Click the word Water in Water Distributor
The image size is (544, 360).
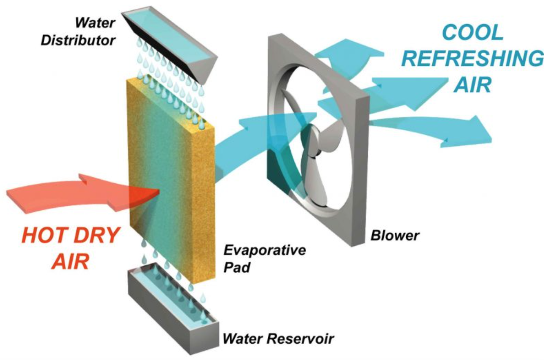tap(95, 23)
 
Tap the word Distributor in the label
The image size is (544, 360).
tap(78, 40)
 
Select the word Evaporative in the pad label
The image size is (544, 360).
tap(264, 250)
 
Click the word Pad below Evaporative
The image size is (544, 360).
tap(237, 267)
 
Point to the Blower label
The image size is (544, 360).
tap(395, 236)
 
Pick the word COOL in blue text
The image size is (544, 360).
tap(473, 33)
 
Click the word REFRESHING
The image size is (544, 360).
tap(473, 59)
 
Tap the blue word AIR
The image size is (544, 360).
tap(473, 84)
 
